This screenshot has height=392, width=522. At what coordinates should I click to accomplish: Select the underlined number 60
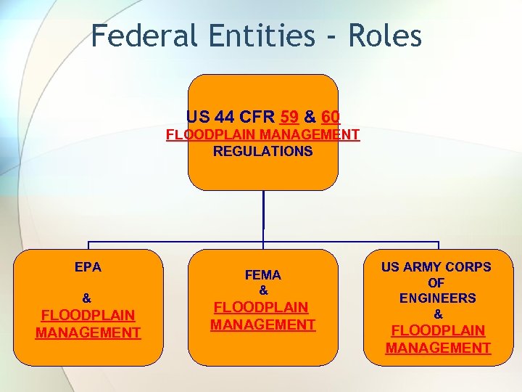(x=330, y=116)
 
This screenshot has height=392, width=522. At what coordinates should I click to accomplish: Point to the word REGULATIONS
(x=262, y=152)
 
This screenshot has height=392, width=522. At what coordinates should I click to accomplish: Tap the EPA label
(x=88, y=267)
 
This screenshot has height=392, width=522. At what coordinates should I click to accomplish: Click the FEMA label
(x=262, y=275)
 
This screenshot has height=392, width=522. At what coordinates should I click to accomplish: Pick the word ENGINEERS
(x=437, y=298)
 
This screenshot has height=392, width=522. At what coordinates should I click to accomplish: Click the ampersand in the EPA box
(x=87, y=298)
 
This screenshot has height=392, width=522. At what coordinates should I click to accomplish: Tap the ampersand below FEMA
(x=263, y=290)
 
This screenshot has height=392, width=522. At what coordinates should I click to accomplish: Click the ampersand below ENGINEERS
(x=438, y=314)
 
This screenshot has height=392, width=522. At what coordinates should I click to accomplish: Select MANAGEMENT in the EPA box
(x=88, y=332)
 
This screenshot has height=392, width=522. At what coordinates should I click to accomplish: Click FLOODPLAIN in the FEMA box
(x=262, y=307)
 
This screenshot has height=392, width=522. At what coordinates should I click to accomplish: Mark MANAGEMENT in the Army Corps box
(x=438, y=348)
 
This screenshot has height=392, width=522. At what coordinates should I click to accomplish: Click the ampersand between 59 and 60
(x=310, y=116)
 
